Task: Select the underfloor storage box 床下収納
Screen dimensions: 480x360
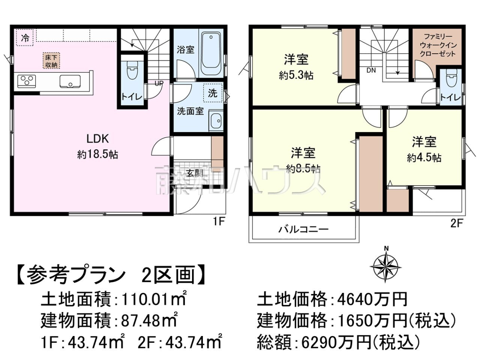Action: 51,60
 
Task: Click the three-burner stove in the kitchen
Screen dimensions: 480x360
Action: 26,81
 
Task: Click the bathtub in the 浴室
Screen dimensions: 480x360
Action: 211,53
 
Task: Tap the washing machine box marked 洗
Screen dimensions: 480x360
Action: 212,93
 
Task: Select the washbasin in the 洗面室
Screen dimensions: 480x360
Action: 216,121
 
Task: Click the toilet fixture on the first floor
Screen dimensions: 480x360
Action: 132,70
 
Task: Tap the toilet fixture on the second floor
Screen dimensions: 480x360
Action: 451,79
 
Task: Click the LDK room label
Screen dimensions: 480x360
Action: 98,138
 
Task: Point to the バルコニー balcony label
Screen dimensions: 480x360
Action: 303,229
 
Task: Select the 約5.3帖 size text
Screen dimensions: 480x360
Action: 296,76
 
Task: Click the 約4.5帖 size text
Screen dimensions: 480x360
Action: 424,158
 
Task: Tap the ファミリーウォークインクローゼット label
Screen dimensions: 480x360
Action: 438,45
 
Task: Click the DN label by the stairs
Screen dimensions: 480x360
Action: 371,70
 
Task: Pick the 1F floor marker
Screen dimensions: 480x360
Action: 219,222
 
